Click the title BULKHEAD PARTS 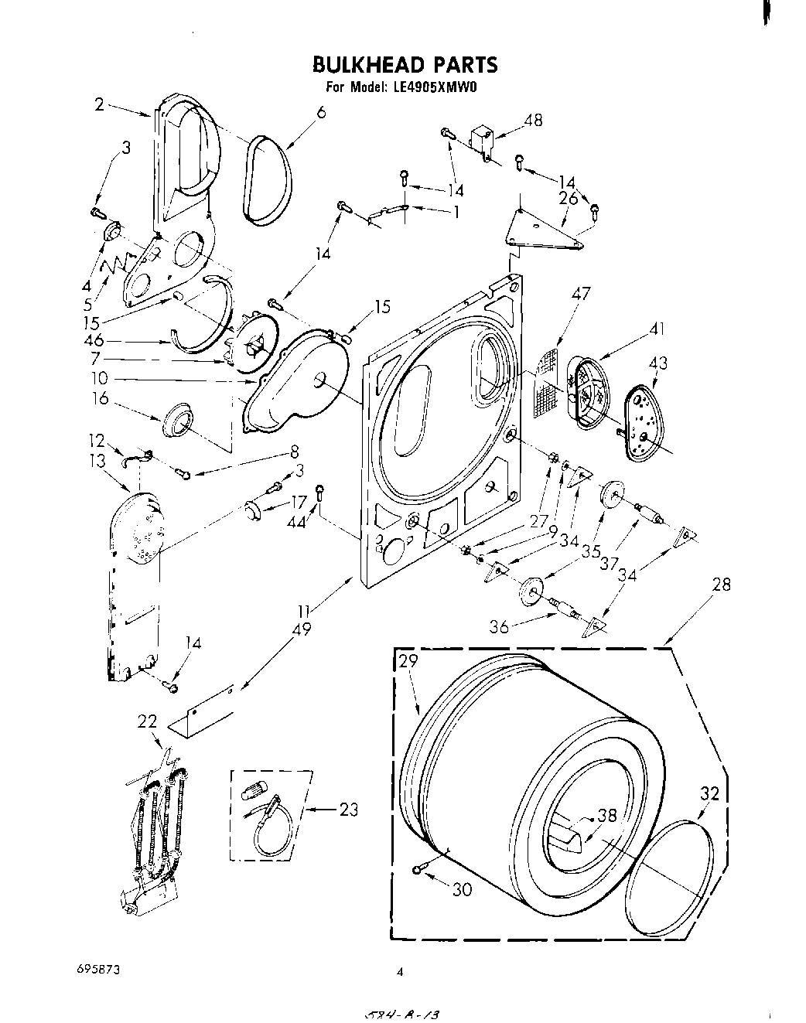[405, 63]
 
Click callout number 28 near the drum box [721, 585]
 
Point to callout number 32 [710, 793]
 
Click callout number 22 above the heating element [147, 721]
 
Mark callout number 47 [580, 294]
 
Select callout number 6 [321, 112]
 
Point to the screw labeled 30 [418, 871]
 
